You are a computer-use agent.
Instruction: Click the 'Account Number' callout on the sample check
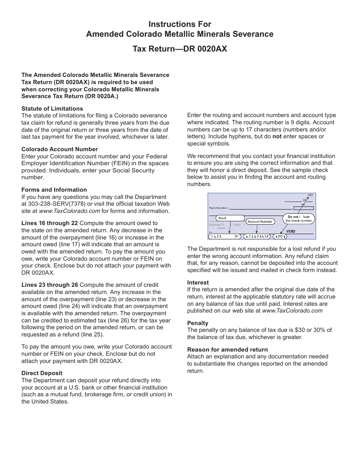tap(260, 222)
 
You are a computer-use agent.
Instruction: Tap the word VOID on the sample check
tap(291, 231)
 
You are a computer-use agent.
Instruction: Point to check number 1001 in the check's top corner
tap(310, 195)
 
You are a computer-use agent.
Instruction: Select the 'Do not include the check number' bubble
tap(299, 219)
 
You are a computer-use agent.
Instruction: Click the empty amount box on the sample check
tap(304, 208)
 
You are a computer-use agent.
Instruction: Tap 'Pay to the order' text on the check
tap(219, 208)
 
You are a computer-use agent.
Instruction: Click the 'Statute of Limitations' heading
tap(52, 109)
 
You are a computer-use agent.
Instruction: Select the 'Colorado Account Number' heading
tap(59, 149)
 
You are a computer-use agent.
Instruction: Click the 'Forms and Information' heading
tap(54, 190)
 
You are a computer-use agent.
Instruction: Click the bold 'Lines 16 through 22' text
tap(50, 223)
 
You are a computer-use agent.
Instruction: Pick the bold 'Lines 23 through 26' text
tap(50, 285)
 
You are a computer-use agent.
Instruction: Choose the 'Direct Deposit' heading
tap(42, 373)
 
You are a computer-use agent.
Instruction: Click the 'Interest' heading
tap(198, 283)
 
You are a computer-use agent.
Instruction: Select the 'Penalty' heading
tap(197, 323)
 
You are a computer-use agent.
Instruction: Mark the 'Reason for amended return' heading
tap(227, 350)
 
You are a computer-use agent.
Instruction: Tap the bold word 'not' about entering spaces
tap(277, 136)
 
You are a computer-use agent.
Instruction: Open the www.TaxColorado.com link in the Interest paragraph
tap(292, 311)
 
